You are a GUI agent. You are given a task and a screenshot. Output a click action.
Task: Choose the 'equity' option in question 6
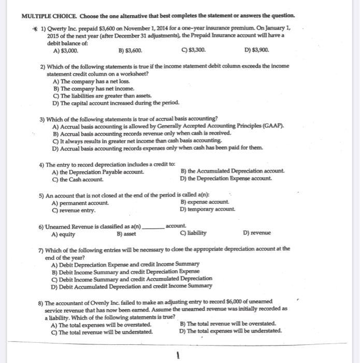pyautogui.click(x=61, y=233)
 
